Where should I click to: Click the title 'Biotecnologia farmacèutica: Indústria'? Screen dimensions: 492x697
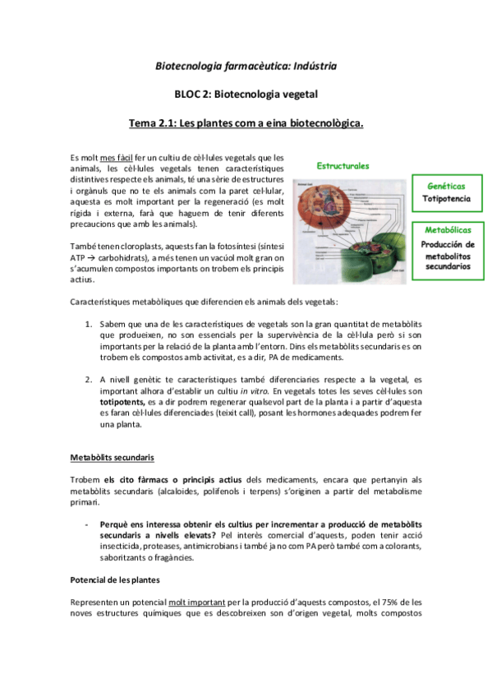coord(246,65)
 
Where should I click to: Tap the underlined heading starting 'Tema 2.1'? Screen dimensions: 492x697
coord(246,124)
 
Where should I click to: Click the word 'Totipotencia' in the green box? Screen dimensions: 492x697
coord(446,199)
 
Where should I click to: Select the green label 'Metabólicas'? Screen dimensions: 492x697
coord(446,232)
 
